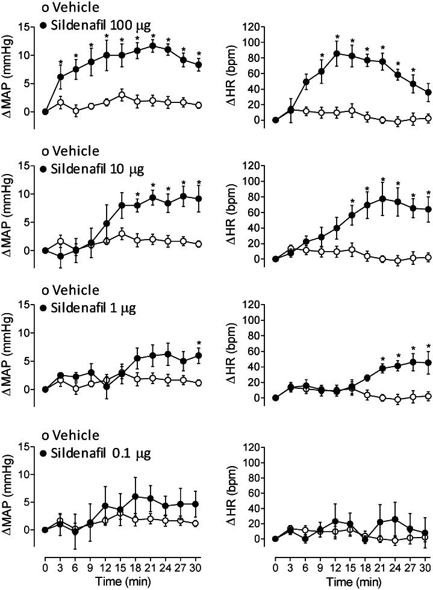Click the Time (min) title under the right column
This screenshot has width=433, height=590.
[352, 582]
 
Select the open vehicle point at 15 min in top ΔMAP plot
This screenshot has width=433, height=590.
[122, 95]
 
